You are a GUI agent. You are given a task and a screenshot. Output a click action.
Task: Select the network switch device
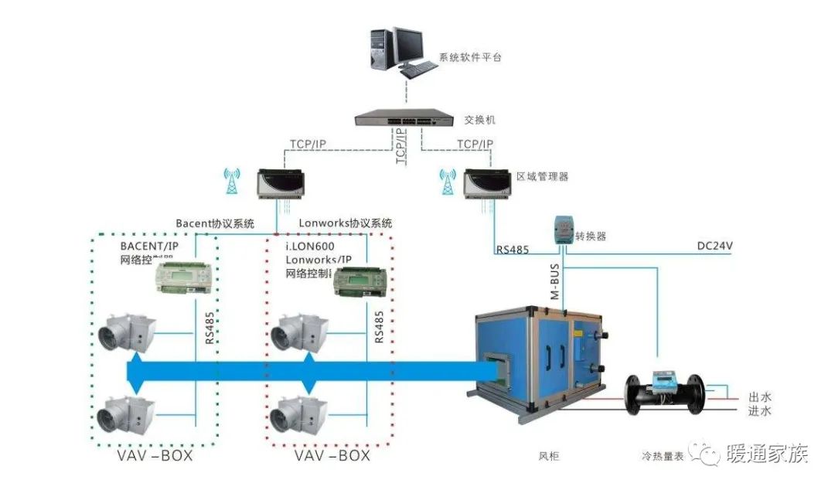click(402, 118)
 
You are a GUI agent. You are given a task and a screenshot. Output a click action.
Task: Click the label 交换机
click(480, 121)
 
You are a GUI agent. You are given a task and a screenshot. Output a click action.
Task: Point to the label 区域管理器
click(542, 176)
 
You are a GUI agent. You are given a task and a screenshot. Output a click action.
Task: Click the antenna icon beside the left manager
click(230, 182)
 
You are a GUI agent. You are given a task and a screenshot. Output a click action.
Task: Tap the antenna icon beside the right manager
click(446, 182)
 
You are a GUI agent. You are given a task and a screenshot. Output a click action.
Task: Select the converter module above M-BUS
click(562, 228)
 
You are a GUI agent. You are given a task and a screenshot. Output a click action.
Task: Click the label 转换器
click(591, 236)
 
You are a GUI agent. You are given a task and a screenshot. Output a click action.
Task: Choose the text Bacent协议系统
click(215, 224)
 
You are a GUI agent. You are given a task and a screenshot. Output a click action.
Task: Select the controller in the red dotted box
click(360, 283)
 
